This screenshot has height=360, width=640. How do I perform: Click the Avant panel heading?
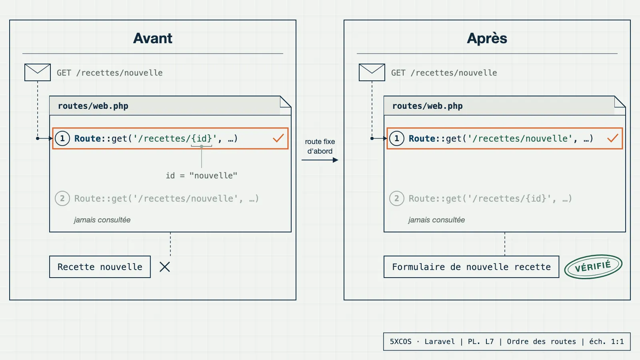152,38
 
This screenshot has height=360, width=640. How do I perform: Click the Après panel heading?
487,38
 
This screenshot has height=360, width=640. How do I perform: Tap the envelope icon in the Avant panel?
38,72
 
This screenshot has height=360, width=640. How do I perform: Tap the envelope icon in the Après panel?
372,72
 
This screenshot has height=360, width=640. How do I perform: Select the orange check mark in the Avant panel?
278,138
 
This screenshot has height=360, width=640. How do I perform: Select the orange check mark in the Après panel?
612,138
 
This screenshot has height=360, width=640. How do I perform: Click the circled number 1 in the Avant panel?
62,138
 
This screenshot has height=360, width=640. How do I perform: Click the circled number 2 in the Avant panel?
62,198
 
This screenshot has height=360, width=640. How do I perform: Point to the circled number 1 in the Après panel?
396,138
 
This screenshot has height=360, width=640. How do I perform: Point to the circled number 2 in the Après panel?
396,198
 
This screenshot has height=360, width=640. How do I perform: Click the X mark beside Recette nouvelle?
164,267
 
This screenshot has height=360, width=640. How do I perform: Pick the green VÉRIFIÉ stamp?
593,266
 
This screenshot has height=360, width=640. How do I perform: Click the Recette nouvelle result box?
100,267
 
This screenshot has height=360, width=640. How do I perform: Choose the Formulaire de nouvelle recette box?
471,267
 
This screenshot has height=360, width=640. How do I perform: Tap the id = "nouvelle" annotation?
202,176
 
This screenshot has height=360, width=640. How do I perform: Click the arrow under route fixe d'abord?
320,160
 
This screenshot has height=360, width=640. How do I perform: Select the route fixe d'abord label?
320,146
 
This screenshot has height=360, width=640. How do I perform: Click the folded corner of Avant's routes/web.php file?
286,102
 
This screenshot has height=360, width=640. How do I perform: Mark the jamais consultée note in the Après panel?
436,220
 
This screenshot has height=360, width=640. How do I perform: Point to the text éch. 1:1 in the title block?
606,342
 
